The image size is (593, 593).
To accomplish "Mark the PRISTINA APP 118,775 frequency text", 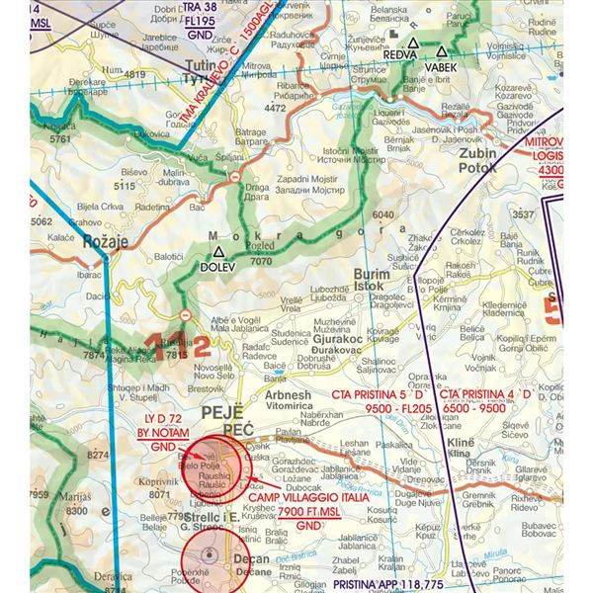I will [387, 585].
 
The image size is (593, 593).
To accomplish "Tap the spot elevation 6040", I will [382, 215].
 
